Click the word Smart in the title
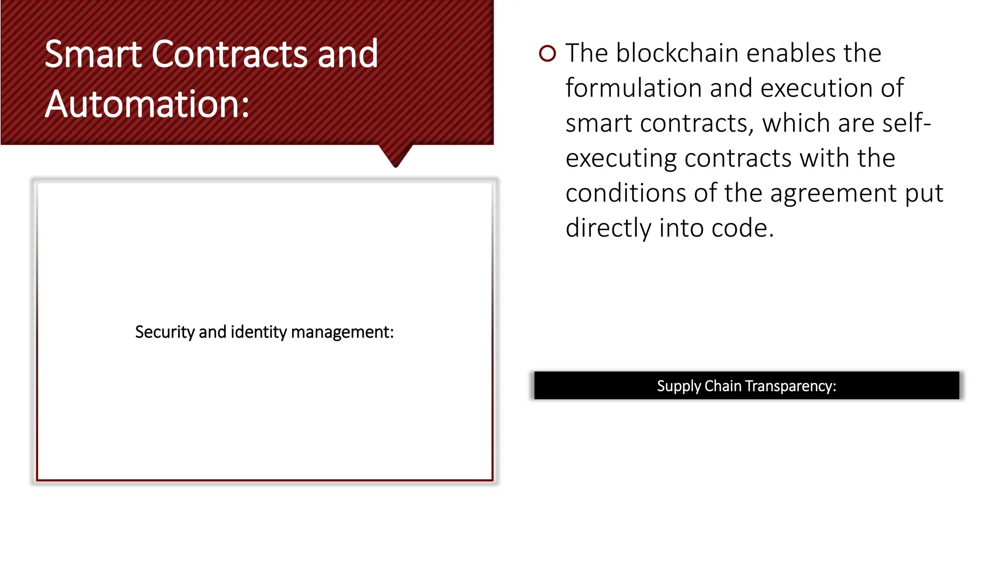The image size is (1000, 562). coord(93,54)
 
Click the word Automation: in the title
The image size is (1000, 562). coord(147,104)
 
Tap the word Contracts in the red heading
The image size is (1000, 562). coord(229,54)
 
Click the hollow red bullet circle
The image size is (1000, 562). coord(547,53)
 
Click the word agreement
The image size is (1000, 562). coord(833,194)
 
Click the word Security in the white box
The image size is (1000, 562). coord(165,332)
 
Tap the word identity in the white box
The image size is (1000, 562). coord(258,332)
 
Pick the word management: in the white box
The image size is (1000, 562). coord(342,332)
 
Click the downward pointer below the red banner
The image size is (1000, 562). coord(396,155)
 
